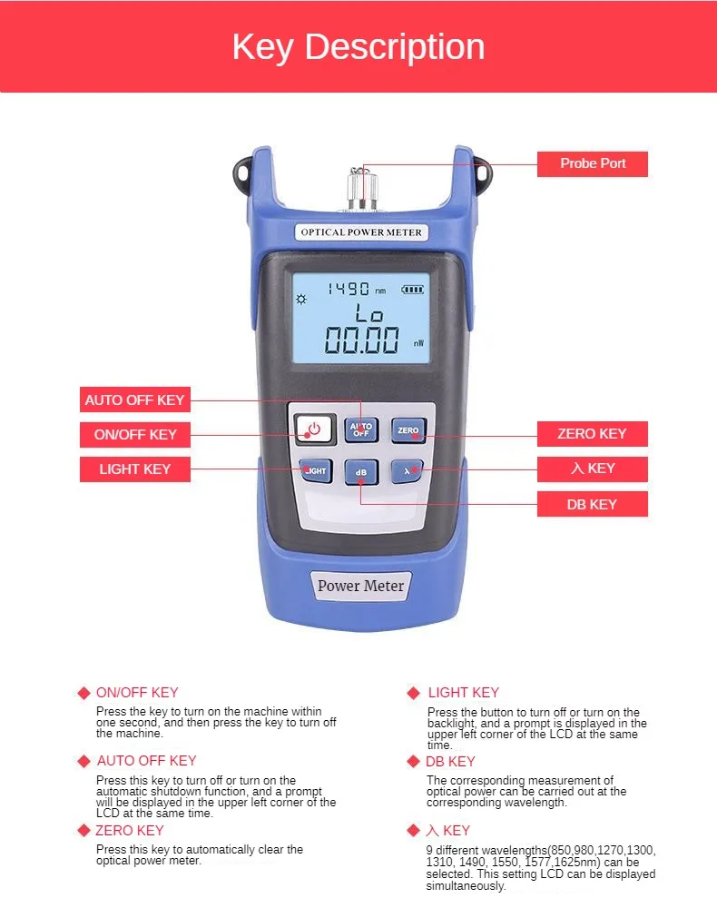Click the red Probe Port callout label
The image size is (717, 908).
tap(592, 163)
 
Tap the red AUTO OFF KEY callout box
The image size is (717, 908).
tap(133, 400)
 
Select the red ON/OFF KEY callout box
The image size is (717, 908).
tap(134, 434)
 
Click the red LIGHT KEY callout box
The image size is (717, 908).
tap(134, 469)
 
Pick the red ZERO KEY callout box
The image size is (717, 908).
tap(592, 434)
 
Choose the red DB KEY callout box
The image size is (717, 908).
tap(592, 504)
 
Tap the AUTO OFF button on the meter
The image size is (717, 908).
tap(361, 429)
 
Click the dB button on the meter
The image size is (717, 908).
tap(361, 472)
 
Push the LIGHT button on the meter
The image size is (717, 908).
tap(315, 471)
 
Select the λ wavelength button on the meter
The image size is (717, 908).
tap(408, 471)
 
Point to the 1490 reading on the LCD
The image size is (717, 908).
tap(349, 290)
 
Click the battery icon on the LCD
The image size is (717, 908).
tap(413, 290)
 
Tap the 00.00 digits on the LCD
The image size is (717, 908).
tap(361, 340)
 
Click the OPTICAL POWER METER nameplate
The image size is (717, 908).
tap(360, 232)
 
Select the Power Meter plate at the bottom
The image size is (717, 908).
tap(360, 586)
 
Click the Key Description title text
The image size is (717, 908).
tap(358, 47)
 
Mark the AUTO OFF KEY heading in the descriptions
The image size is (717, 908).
tap(146, 761)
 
